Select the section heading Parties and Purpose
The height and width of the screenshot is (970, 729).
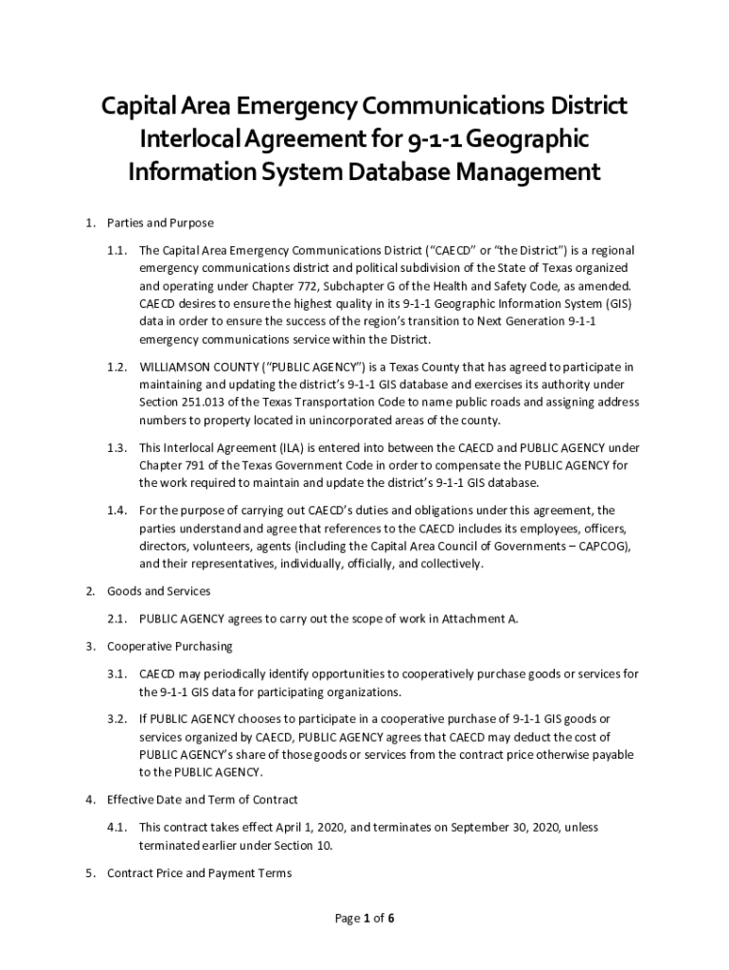160,223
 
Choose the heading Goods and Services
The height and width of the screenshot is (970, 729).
158,591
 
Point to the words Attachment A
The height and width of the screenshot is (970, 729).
483,619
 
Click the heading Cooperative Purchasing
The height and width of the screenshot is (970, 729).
169,646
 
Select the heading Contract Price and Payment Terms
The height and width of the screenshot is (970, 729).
199,872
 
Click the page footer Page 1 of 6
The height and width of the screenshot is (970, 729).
364,918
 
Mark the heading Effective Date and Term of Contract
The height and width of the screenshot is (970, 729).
202,799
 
